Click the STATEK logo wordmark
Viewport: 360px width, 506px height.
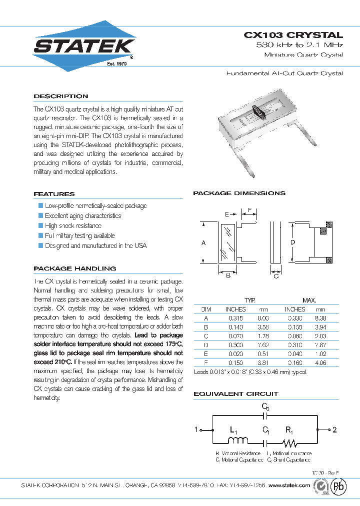[83, 46]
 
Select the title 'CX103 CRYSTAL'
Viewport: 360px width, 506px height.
[293, 35]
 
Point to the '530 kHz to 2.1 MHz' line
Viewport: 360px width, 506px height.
[299, 45]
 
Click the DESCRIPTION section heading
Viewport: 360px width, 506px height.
[60, 96]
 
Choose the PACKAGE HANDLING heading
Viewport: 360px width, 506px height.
[74, 268]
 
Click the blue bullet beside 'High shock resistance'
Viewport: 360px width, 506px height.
[41, 226]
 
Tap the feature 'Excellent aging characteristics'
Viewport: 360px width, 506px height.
[83, 216]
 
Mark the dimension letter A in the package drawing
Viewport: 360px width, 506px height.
[203, 242]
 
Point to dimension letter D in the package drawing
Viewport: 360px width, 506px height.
[292, 242]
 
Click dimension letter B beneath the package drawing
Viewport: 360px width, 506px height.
[228, 275]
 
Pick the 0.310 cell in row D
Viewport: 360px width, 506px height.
[294, 345]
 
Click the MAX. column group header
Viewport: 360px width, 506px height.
[309, 300]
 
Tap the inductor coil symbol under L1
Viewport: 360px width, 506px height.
[238, 441]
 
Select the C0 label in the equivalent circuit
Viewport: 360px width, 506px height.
[265, 407]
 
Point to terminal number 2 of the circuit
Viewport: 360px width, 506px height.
[334, 429]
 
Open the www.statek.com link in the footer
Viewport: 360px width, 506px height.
[292, 485]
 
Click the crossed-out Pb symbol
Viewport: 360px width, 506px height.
[339, 486]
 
